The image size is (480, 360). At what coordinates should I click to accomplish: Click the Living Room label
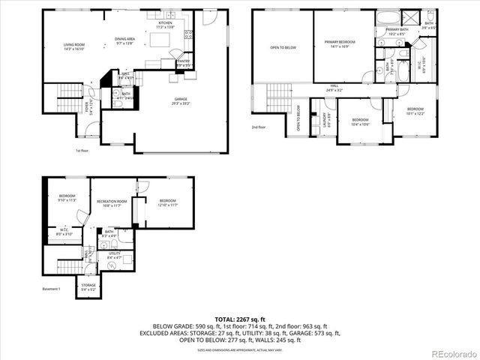[x=73, y=46]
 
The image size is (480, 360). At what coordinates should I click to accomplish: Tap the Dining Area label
[x=124, y=41]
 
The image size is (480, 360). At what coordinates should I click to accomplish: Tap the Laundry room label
[x=325, y=118]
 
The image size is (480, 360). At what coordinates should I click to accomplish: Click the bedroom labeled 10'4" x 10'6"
[x=361, y=121]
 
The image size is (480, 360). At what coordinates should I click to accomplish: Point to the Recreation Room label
[x=111, y=203]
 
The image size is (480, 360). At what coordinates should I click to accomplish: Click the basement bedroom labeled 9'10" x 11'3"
[x=68, y=198]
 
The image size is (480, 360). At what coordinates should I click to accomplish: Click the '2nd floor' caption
[x=258, y=127]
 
